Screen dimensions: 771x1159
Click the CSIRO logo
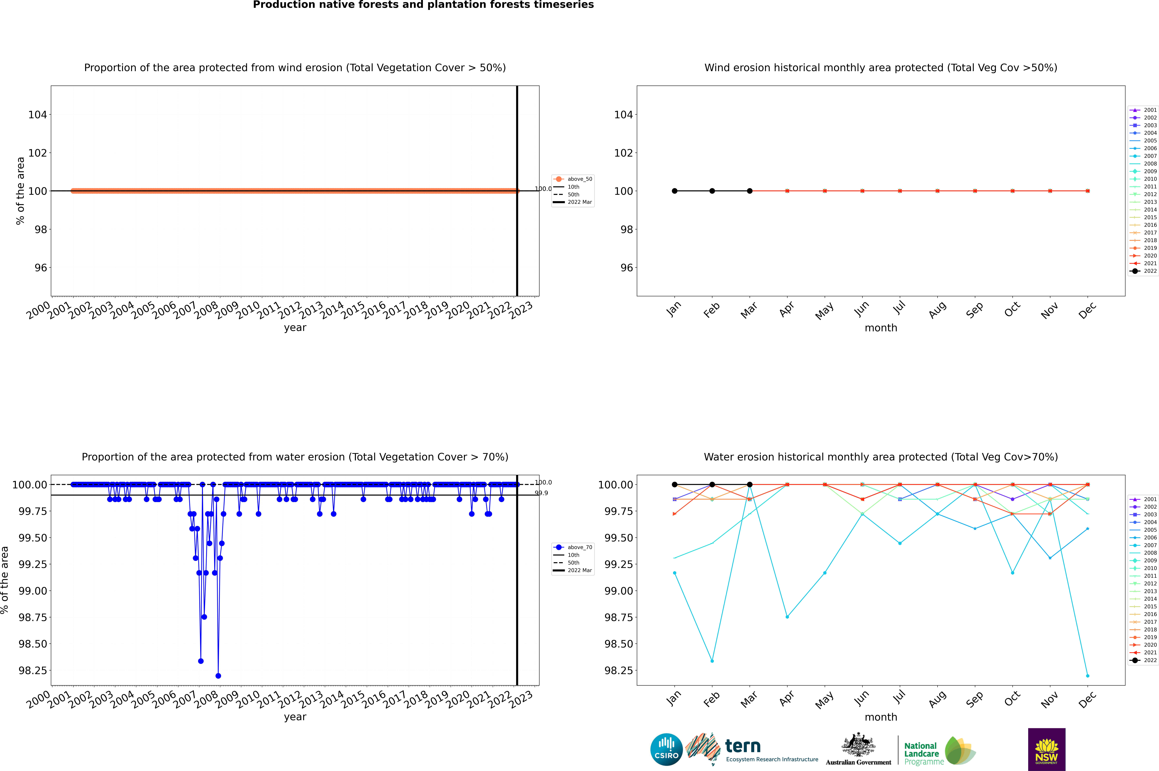[666, 749]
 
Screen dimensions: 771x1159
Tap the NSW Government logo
[1046, 749]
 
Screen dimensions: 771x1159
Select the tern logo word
[743, 746]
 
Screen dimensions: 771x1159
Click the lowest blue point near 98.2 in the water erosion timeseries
[218, 676]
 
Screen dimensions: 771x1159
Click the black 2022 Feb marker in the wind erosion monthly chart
[712, 191]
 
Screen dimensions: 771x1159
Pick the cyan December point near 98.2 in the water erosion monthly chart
[1087, 676]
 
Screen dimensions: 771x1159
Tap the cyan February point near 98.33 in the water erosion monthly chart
[712, 661]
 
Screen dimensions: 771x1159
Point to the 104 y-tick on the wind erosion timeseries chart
[37, 115]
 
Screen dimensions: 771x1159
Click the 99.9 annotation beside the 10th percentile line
[541, 493]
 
